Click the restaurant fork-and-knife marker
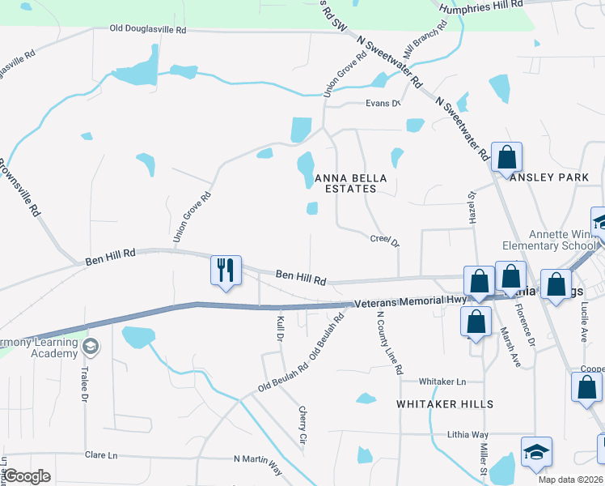(226, 271)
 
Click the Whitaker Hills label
(445, 403)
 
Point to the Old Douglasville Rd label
(148, 29)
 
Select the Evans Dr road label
(383, 103)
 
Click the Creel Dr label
(385, 240)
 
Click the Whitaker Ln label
(442, 382)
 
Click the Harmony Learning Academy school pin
(91, 347)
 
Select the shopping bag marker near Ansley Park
(506, 156)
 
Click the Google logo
(27, 475)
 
